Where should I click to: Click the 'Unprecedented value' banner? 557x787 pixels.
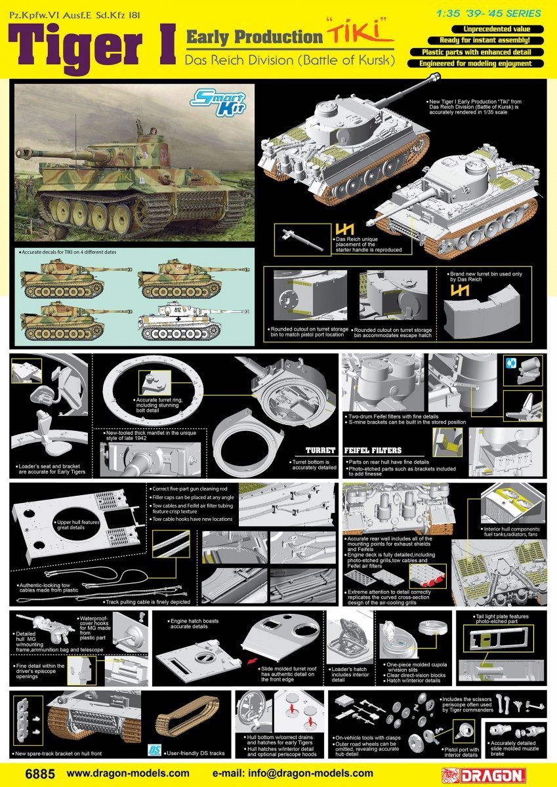[x=476, y=30]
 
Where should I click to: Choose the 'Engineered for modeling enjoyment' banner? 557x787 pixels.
[x=476, y=64]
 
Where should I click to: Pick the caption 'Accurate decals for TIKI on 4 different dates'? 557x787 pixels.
[x=69, y=252]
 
